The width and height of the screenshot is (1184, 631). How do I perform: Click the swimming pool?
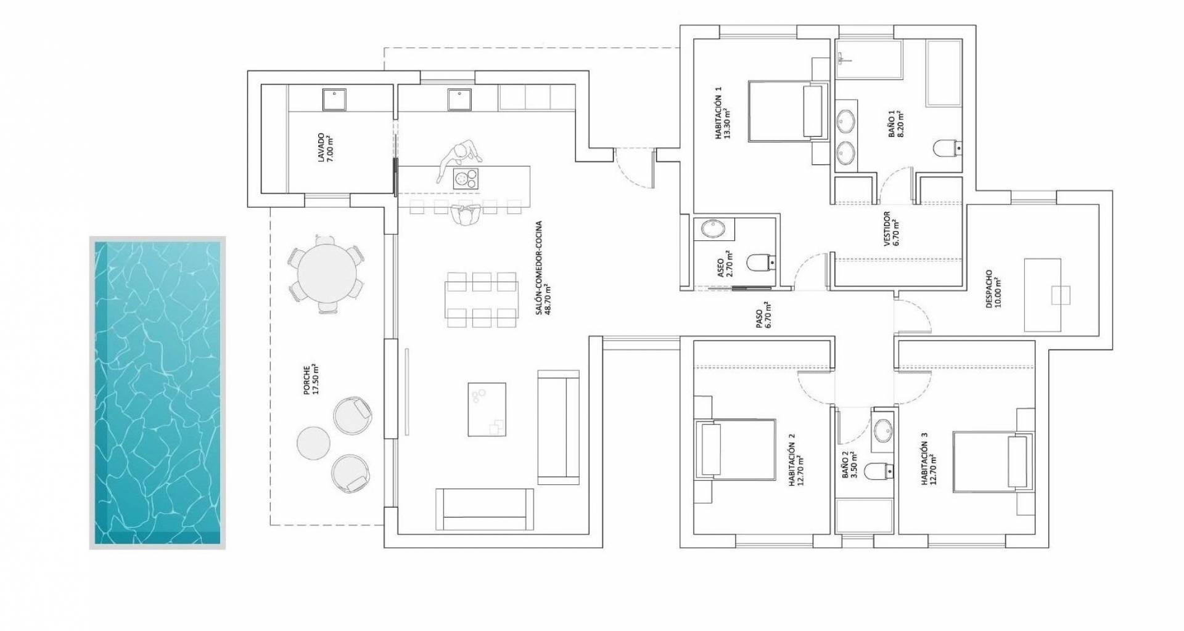157,393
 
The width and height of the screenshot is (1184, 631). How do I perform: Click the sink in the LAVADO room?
334,99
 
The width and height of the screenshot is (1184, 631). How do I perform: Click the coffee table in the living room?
487,409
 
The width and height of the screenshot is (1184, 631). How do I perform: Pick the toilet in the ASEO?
760,263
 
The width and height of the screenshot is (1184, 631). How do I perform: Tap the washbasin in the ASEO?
714,229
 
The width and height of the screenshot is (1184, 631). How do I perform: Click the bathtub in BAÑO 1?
943,74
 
